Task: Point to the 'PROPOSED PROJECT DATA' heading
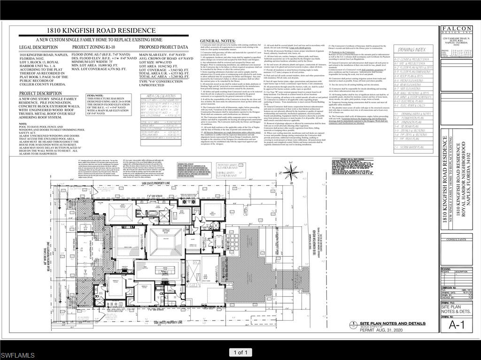pos(163,47)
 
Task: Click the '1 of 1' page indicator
pos(240,352)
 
